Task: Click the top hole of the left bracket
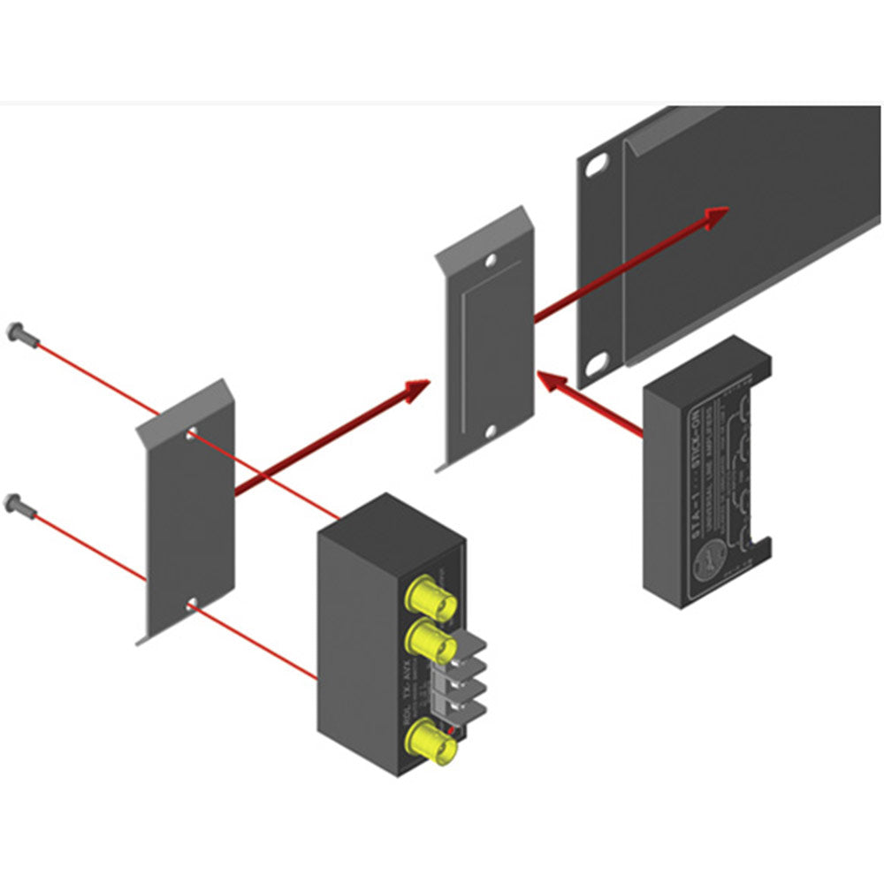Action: click(x=192, y=435)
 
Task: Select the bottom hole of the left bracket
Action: click(x=192, y=606)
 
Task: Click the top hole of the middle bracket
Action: click(x=492, y=262)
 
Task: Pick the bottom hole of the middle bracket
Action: click(x=492, y=432)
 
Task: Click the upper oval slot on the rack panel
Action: click(x=598, y=165)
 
